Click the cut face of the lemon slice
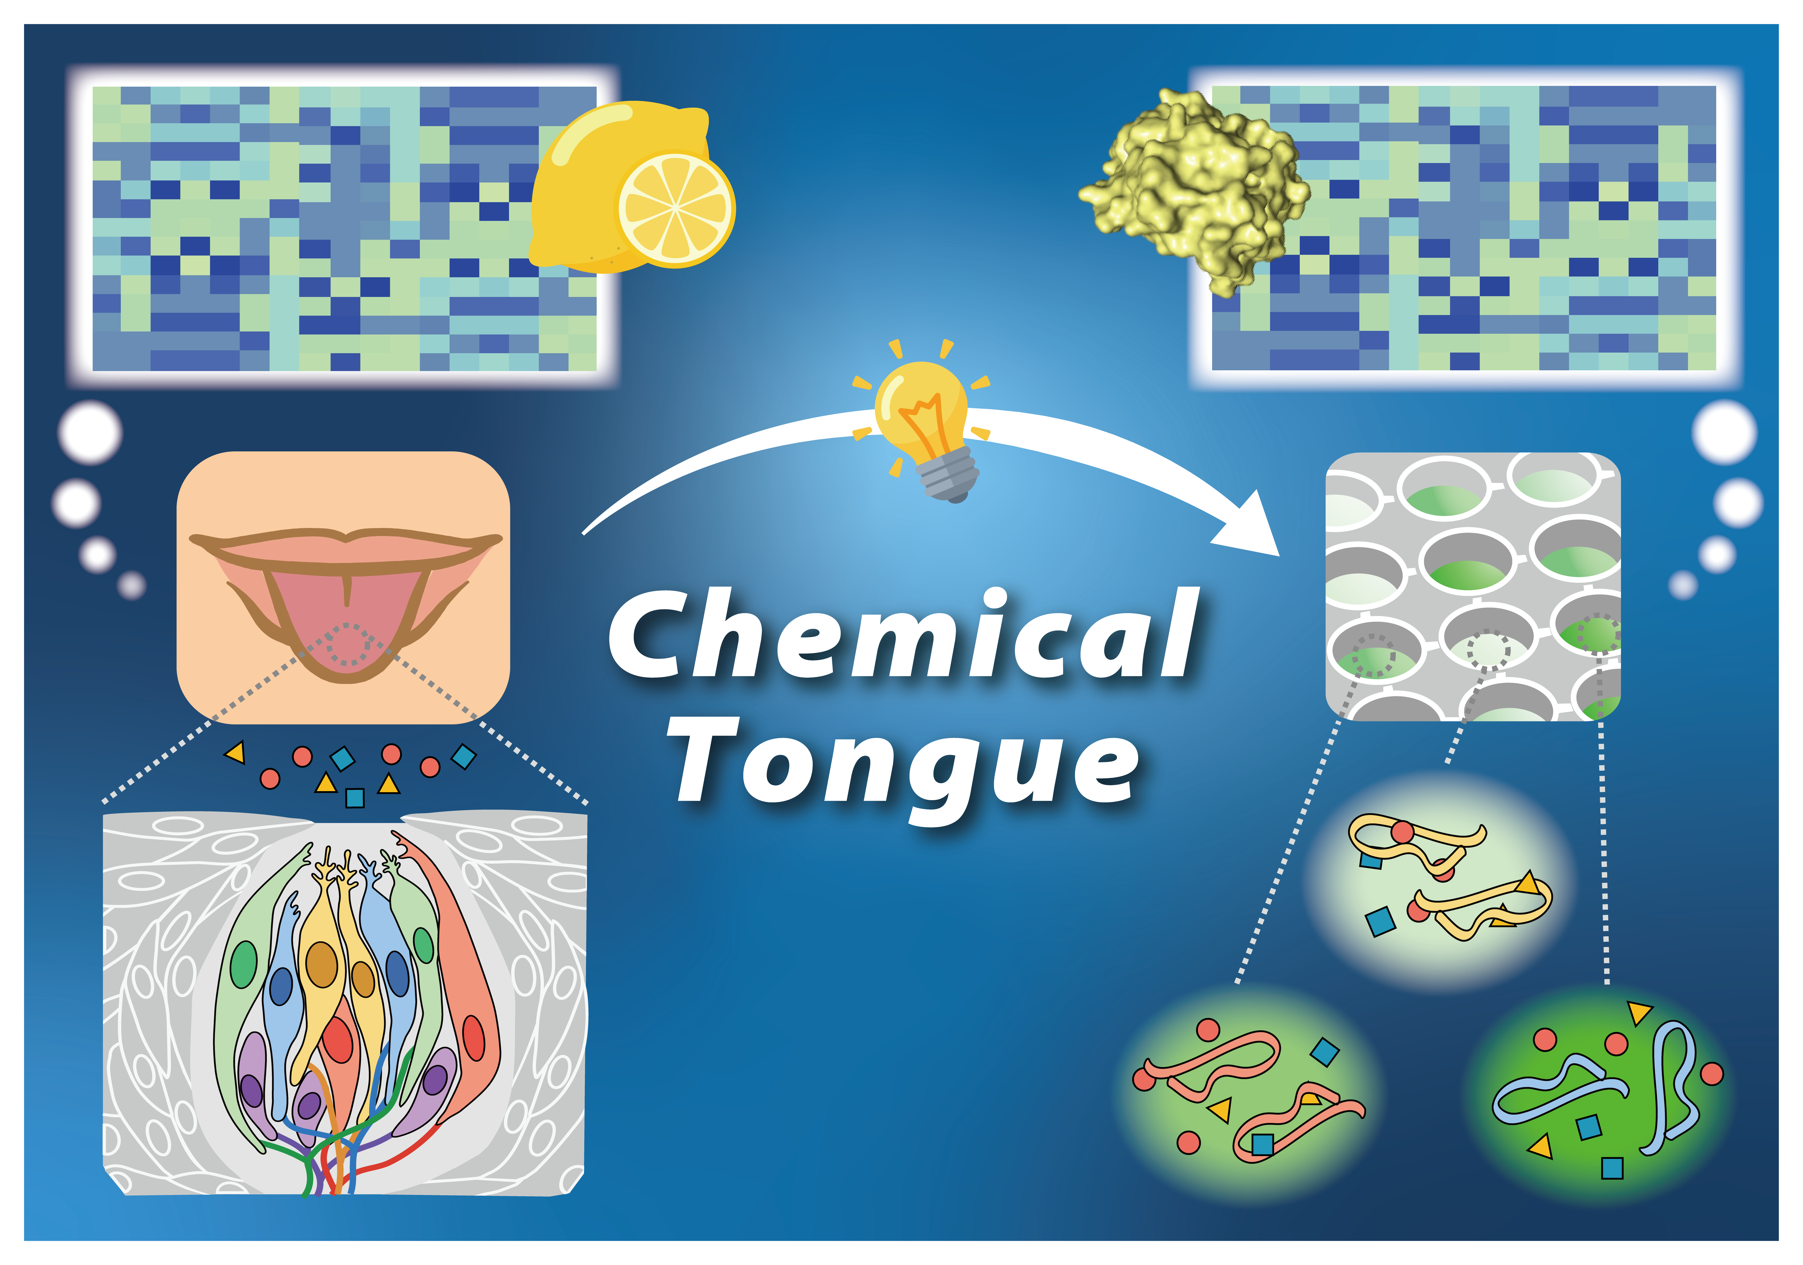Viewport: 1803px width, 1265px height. pyautogui.click(x=675, y=208)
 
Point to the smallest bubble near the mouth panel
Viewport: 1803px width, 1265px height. pyautogui.click(x=132, y=585)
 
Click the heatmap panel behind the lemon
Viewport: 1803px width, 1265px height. pyautogui.click(x=344, y=228)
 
